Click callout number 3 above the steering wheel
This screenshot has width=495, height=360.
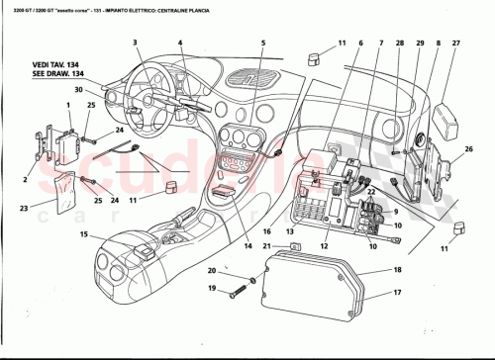[x=133, y=43]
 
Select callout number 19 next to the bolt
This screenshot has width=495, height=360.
[x=211, y=289]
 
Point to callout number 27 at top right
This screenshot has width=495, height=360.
[x=456, y=44]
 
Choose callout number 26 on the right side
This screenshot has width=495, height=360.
[x=469, y=149]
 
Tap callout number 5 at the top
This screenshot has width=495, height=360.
[x=263, y=44]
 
